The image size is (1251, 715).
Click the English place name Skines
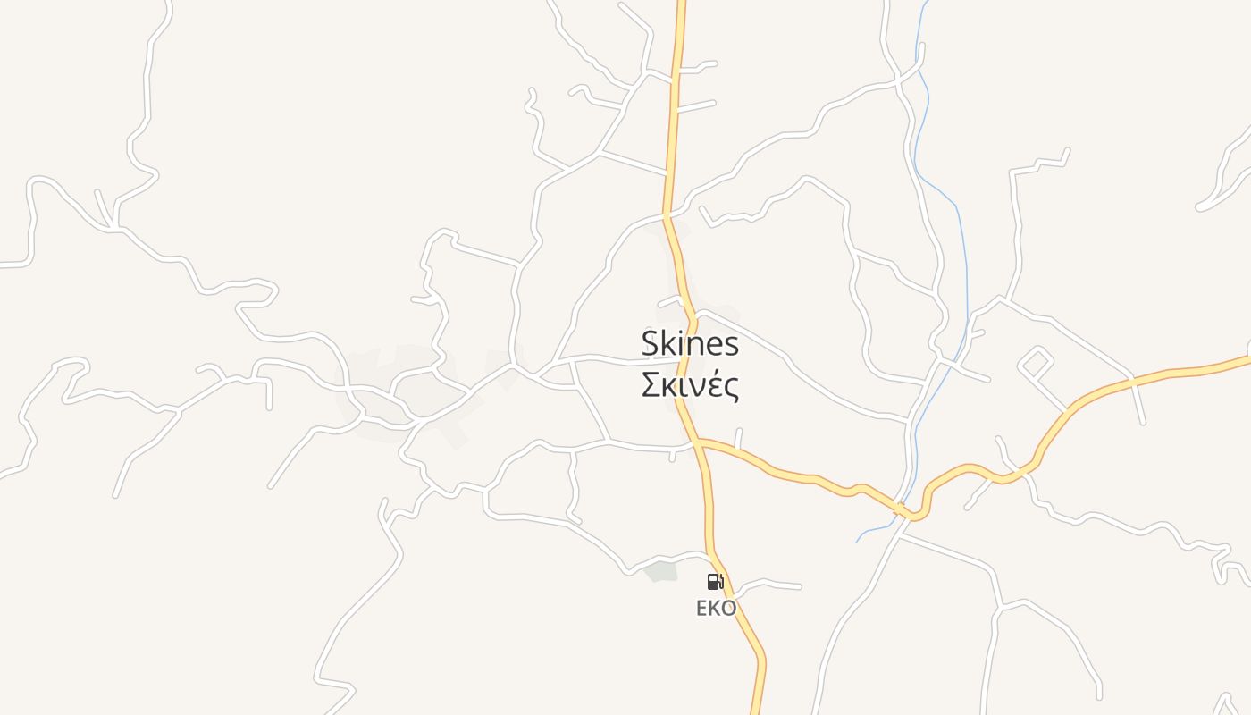[x=690, y=344]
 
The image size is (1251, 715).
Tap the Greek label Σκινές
[x=690, y=385]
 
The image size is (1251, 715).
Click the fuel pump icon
[x=715, y=582]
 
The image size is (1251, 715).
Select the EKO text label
[x=716, y=609]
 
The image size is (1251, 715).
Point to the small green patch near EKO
[x=661, y=571]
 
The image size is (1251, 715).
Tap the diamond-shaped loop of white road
[x=1036, y=363]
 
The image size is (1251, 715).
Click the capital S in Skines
[x=651, y=344]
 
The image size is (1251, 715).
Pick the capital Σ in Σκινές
[x=651, y=385]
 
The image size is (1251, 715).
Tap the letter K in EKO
[x=716, y=609]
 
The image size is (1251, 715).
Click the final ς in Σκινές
[x=731, y=388]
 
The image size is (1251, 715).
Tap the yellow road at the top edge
[x=681, y=4]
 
